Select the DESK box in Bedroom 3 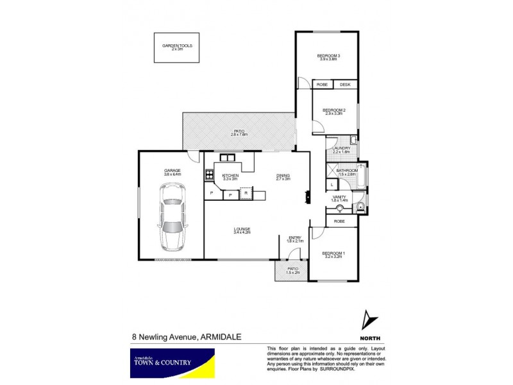[345, 85]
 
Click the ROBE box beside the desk [322, 85]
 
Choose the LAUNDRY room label [341, 150]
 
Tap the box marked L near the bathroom [332, 185]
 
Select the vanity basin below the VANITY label [339, 208]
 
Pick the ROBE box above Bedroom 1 [339, 221]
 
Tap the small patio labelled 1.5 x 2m [292, 271]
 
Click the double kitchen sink [227, 157]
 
